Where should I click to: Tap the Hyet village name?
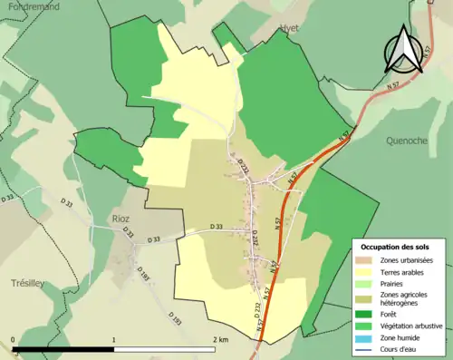pos(289,28)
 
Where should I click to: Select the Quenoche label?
pos(406,141)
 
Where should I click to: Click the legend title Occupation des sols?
pos(395,247)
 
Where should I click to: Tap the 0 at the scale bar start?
pos(14,340)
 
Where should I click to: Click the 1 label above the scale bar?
pos(113,340)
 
